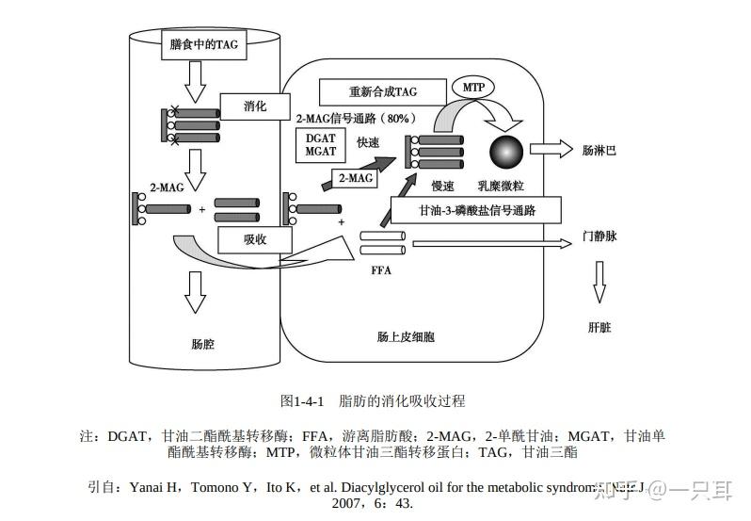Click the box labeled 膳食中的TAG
click(x=203, y=45)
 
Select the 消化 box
click(x=254, y=106)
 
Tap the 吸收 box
click(x=255, y=239)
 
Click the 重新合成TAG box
click(x=382, y=91)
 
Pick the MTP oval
click(x=473, y=88)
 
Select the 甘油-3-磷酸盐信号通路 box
click(x=476, y=210)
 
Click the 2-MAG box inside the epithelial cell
click(x=355, y=177)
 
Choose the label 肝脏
click(x=599, y=327)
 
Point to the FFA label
click(x=381, y=271)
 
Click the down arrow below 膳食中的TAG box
click(x=196, y=83)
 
